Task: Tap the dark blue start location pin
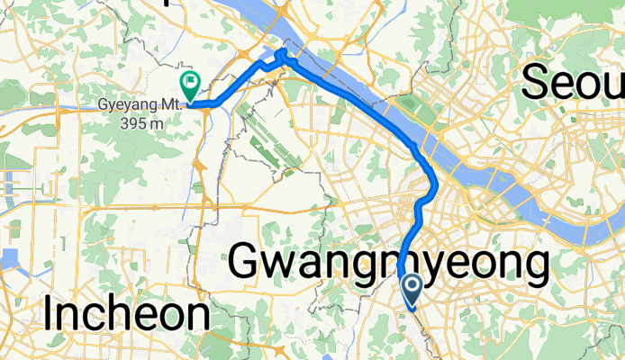tap(413, 288)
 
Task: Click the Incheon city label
tap(126, 316)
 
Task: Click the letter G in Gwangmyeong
tap(247, 264)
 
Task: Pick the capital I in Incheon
tap(50, 315)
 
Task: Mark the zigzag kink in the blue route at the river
tap(281, 56)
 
